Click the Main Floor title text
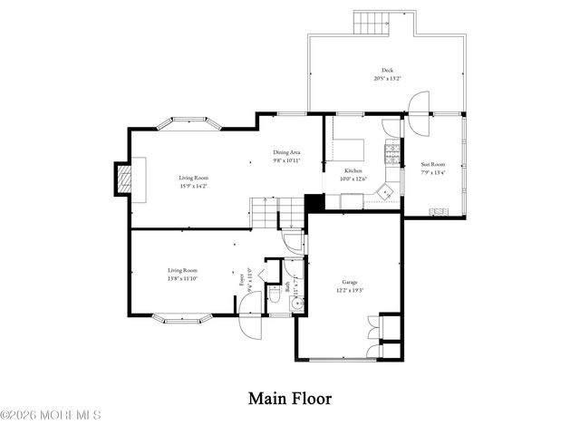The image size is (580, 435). [x=290, y=398]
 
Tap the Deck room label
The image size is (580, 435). [x=387, y=70]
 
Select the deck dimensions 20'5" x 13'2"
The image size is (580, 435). [x=387, y=78]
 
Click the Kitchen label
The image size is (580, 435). [x=353, y=170]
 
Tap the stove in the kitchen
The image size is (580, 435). [x=392, y=153]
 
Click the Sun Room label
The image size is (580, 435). [x=432, y=165]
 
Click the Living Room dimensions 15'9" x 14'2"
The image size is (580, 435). [x=193, y=186]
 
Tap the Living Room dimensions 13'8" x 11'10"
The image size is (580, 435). [x=182, y=278]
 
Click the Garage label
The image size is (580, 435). [x=350, y=282]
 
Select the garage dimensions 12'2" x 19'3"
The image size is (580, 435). [x=350, y=290]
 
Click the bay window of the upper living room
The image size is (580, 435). [x=191, y=122]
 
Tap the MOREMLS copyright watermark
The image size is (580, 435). [x=51, y=416]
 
